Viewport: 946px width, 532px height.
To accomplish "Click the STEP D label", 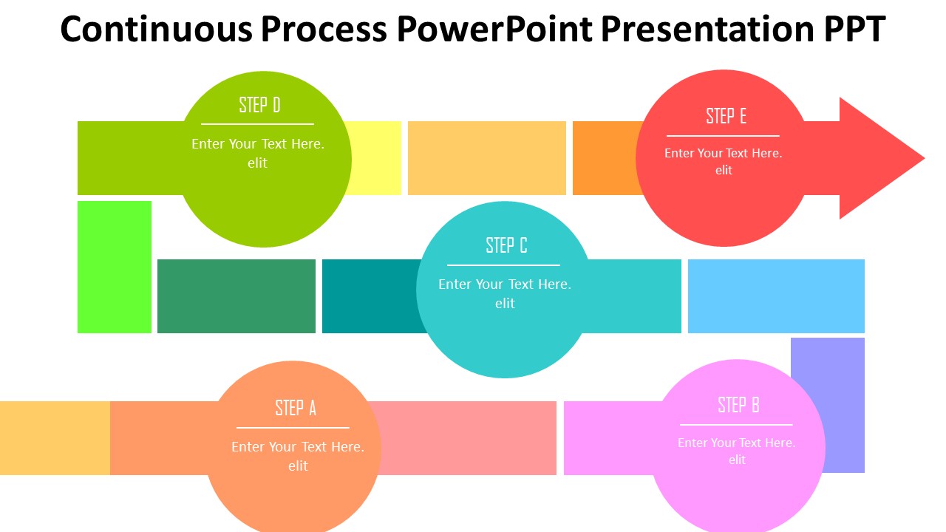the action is (259, 105).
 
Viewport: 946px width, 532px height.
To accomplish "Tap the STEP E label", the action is (726, 116).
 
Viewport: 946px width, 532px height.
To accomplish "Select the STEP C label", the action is (506, 245).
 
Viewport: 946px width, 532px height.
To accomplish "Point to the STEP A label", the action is (296, 408).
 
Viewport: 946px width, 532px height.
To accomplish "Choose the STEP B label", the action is (738, 405).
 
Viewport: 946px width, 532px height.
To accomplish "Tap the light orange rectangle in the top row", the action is (486, 158).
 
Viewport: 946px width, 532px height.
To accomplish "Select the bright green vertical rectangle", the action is (115, 267).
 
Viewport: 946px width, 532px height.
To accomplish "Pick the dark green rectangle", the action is (236, 296).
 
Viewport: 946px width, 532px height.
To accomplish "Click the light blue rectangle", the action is (776, 296).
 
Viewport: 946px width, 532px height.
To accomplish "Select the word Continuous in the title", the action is (155, 30).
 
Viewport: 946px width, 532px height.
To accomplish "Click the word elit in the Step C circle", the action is (505, 303).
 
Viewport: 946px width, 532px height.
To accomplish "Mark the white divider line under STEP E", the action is (723, 136).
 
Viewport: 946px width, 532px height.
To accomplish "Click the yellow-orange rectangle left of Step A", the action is (55, 437).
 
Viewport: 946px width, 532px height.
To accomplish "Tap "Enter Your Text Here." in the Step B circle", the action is (736, 443).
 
